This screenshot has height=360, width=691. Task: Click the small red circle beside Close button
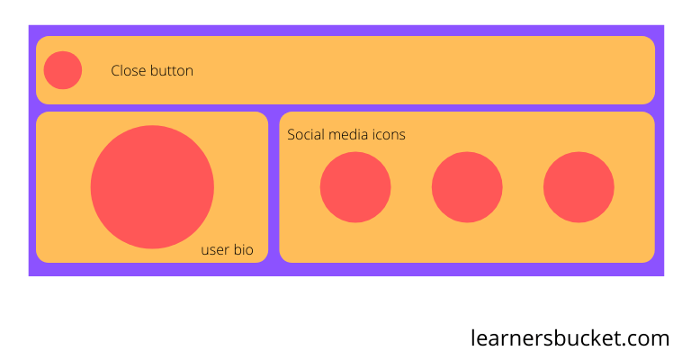63,70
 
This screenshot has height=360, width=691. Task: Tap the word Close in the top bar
129,71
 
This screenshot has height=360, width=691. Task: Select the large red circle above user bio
152,186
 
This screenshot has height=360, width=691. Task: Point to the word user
215,250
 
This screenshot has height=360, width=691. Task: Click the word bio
244,250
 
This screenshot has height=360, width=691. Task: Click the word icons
390,135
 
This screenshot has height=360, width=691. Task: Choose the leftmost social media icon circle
355,187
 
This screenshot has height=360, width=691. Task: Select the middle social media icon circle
467,187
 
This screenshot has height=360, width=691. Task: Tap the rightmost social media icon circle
579,187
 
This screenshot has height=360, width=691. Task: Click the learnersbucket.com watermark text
570,338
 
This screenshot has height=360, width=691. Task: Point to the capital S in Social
292,135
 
